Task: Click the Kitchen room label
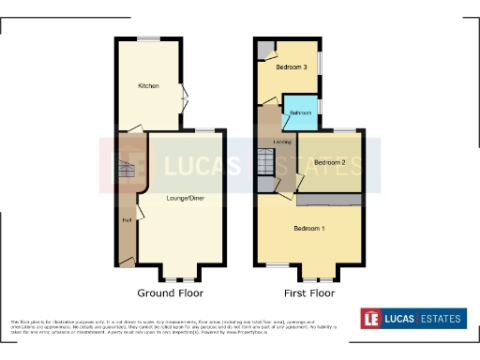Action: point(148,85)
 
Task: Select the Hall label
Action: point(126,220)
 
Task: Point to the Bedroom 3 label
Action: point(291,67)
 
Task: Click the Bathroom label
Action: point(300,112)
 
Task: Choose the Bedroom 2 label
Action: point(330,162)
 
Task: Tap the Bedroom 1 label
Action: point(309,229)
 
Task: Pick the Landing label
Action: point(281,142)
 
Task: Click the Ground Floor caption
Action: point(171,292)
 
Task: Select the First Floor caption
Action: point(308,292)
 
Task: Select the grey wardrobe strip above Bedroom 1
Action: point(329,200)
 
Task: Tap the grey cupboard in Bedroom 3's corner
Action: point(265,49)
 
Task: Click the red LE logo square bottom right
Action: point(373,319)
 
